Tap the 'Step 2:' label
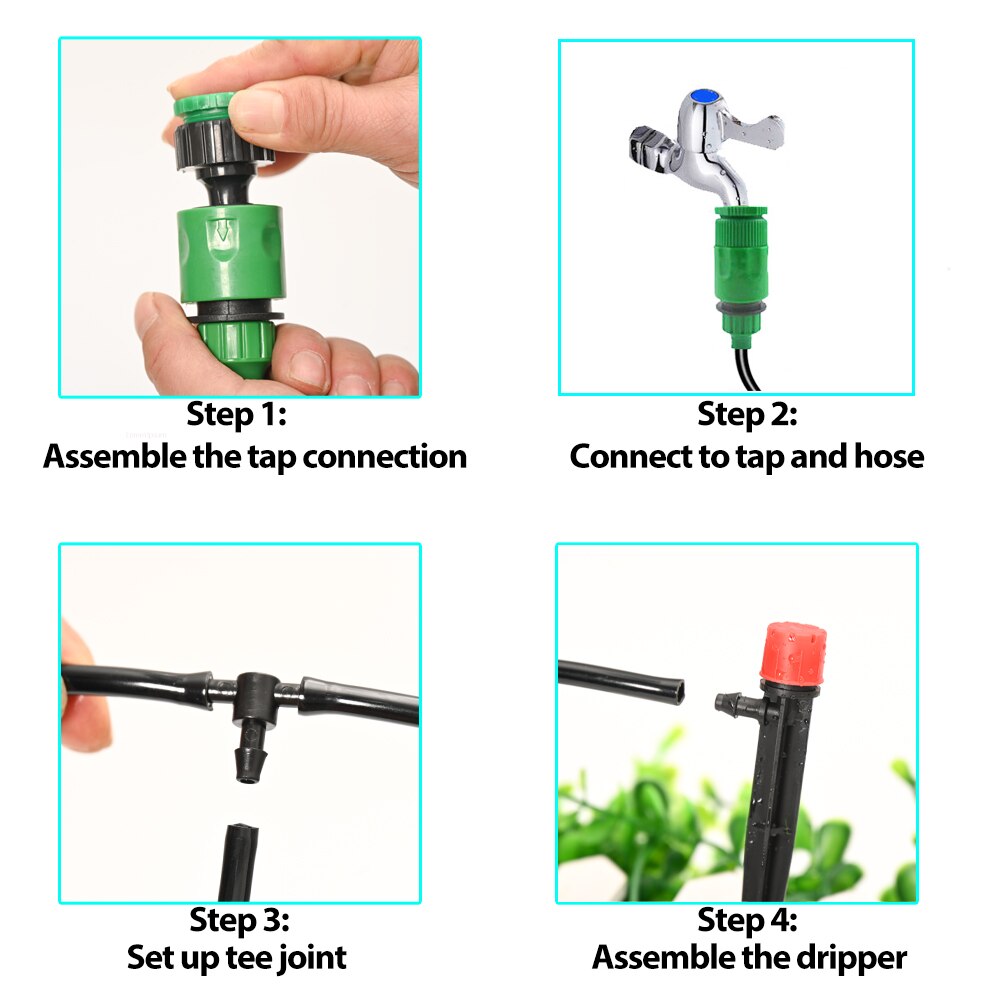[747, 414]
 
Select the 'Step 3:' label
[240, 919]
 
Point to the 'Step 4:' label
[747, 919]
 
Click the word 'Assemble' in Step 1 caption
[104, 457]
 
